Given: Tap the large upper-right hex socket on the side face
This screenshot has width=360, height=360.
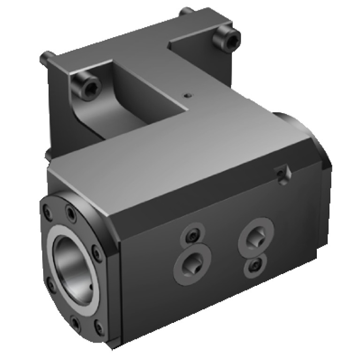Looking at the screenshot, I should click(256, 235).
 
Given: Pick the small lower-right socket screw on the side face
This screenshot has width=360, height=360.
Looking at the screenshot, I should click(253, 267).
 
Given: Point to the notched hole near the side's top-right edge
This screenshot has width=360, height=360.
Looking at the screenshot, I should click(281, 175).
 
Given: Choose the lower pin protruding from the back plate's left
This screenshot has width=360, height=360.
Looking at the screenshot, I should click(47, 153).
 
